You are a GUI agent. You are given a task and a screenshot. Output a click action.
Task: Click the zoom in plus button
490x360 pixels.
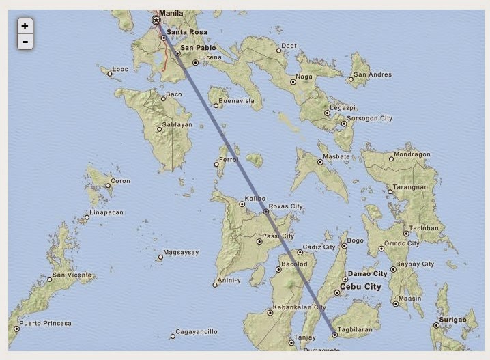tap(25, 27)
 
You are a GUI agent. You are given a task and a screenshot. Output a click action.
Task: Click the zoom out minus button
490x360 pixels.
tap(25, 42)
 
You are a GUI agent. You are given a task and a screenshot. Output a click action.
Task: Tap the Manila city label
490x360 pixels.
tap(171, 13)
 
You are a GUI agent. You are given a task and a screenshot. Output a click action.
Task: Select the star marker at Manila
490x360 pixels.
tap(156, 20)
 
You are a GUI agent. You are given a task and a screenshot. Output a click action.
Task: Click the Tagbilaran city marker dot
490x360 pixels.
tap(335, 335)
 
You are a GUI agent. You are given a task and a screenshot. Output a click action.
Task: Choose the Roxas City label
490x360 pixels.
tap(286, 206)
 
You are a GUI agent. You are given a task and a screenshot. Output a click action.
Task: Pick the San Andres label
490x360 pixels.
tap(373, 74)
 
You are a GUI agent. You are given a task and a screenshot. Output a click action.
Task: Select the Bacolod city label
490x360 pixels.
tap(293, 264)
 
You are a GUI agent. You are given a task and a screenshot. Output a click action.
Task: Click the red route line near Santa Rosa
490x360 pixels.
tap(164, 55)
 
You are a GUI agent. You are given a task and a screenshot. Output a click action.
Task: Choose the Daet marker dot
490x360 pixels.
tap(278, 50)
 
